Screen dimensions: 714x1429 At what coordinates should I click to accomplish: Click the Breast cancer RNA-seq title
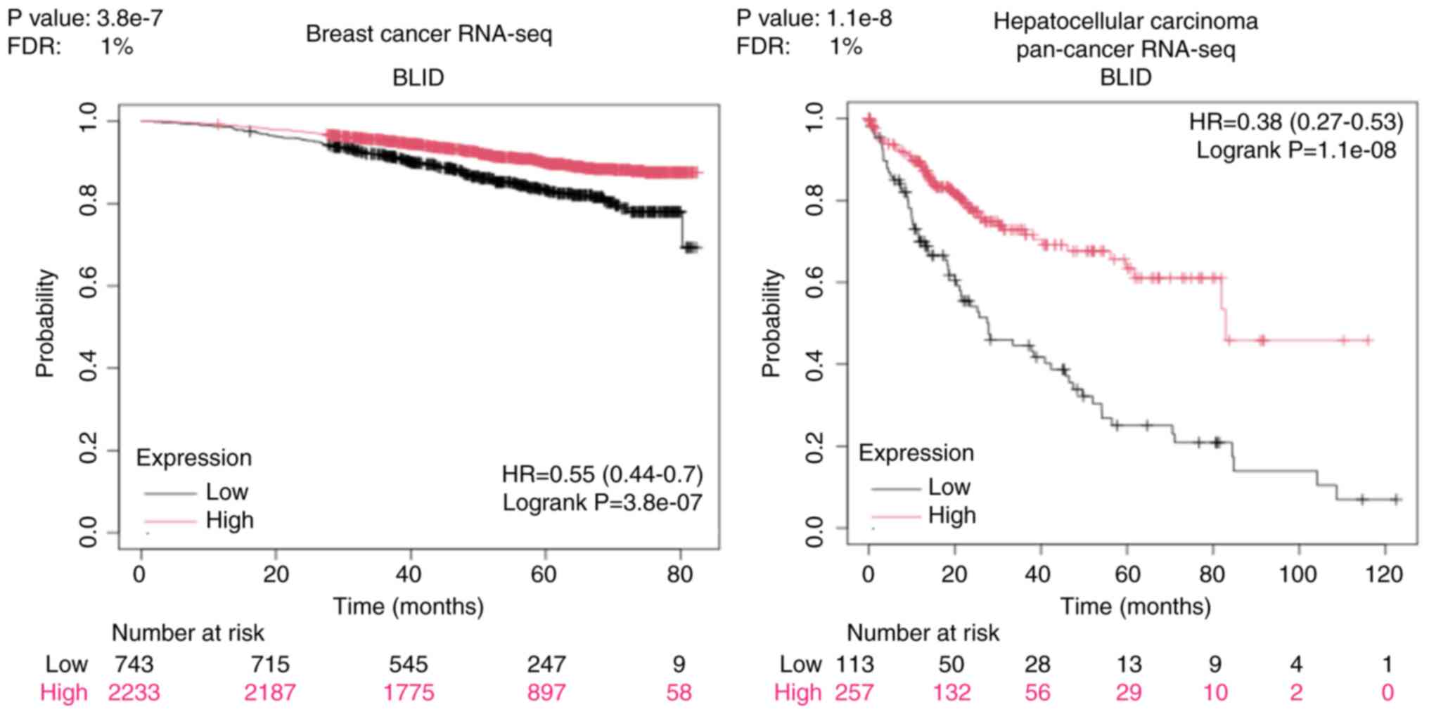pos(428,34)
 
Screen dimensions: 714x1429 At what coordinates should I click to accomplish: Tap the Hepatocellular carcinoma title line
pos(1125,21)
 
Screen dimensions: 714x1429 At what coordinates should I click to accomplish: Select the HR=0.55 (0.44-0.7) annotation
pos(602,474)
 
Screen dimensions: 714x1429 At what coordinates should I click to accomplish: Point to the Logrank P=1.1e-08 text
pos(1296,150)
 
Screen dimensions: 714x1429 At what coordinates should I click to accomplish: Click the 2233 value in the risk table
pos(134,692)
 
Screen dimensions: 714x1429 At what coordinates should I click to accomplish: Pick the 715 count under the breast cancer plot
pos(270,664)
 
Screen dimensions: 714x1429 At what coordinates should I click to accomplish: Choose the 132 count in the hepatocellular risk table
pos(951,692)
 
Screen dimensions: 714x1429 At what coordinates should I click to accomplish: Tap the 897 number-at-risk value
pos(546,692)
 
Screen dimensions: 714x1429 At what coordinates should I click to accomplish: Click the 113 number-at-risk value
pos(854,664)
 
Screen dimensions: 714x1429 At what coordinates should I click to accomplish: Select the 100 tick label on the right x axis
pos(1297,574)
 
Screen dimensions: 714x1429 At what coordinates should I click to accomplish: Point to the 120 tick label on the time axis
pos(1383,574)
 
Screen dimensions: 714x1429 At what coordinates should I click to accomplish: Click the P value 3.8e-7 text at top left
pos(85,18)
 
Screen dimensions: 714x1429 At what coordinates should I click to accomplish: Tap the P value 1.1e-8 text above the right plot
pos(814,18)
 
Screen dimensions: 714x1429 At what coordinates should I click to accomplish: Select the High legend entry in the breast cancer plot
pos(229,520)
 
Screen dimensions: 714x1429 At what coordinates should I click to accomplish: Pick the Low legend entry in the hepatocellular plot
pos(949,486)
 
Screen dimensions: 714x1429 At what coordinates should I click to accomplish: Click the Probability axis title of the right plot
pos(771,323)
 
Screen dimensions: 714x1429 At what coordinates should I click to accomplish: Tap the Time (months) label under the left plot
pos(409,606)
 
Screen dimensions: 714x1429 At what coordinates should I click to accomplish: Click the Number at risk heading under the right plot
pos(923,633)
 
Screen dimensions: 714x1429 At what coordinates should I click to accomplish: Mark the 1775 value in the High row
pos(409,692)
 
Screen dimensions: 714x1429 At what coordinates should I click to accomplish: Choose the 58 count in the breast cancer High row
pos(679,692)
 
